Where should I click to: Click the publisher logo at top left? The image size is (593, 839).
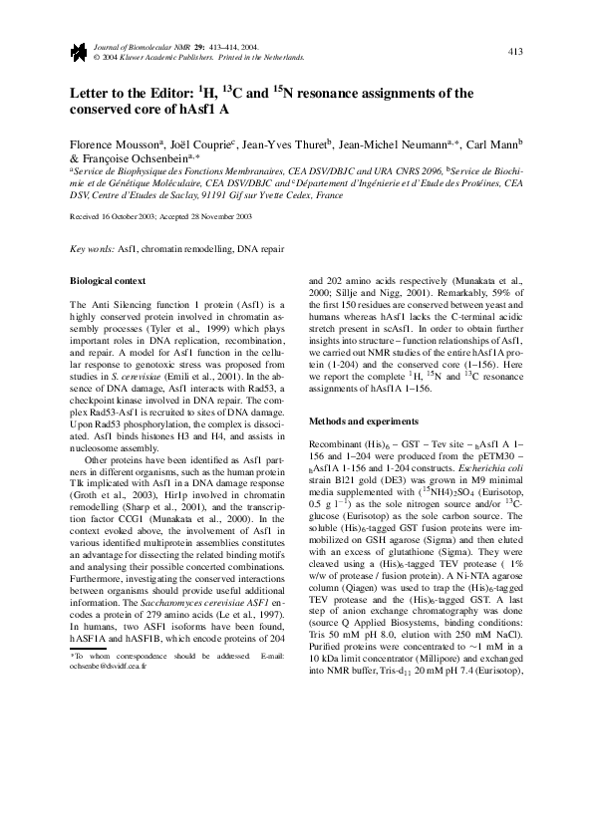coord(77,52)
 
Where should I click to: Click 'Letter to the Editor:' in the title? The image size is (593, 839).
coord(132,95)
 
